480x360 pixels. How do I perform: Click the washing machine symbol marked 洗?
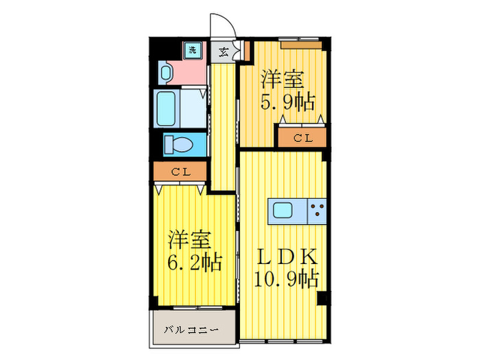193,49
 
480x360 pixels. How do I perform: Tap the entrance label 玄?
224,51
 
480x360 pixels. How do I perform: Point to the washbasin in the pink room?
167,71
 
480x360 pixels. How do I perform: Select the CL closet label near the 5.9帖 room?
302,138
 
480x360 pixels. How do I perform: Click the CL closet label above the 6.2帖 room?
180,171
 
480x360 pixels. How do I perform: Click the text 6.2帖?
195,263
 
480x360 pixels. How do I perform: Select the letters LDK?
287,257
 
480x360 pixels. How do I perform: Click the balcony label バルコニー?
191,331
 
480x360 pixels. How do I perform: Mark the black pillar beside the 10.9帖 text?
322,299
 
